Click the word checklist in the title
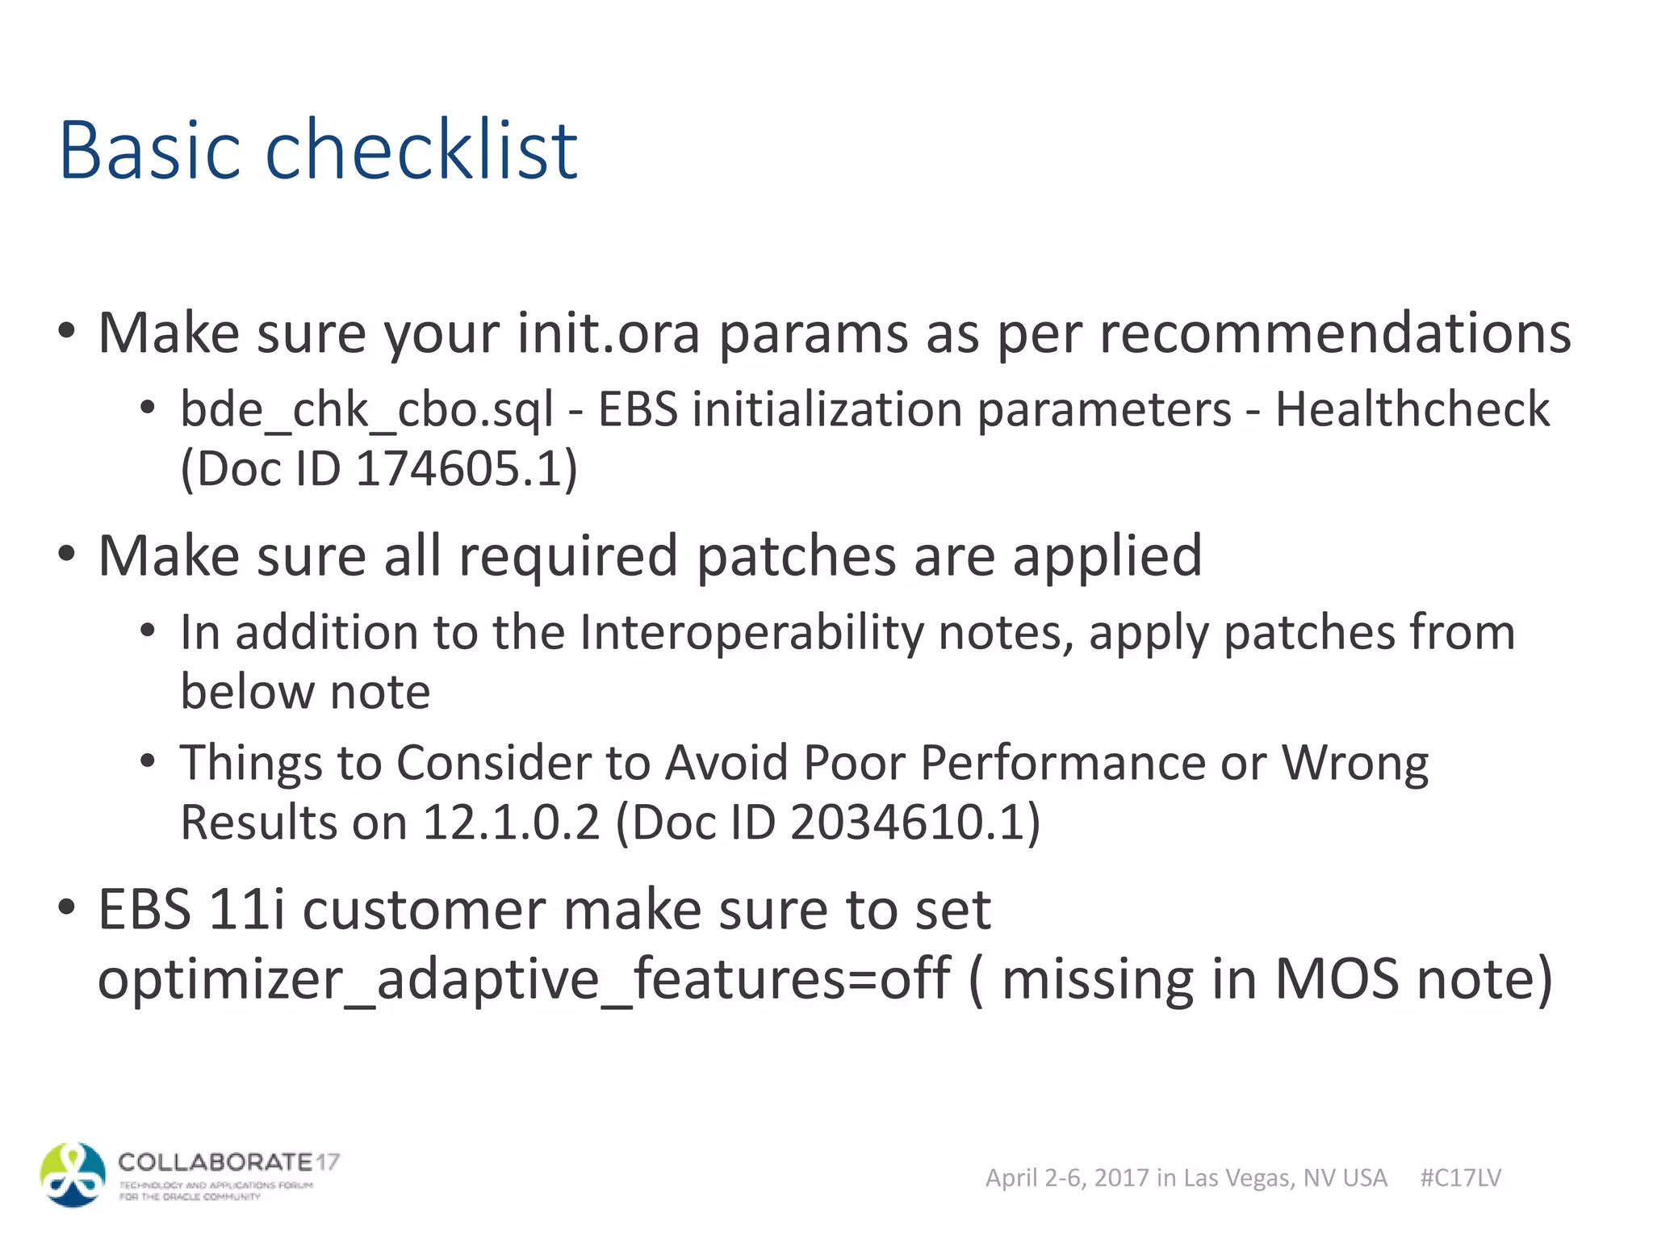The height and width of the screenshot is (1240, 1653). (x=421, y=151)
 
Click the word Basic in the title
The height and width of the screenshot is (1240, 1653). (x=150, y=151)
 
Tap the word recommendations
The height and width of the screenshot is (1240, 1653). (x=1335, y=333)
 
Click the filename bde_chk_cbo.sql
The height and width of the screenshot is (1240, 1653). (x=366, y=410)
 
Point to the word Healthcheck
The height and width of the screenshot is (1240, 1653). (x=1412, y=408)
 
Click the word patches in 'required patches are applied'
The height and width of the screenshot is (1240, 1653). (x=796, y=556)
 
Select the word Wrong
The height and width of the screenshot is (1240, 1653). (x=1355, y=763)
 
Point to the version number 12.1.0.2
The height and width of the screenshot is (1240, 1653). (x=511, y=823)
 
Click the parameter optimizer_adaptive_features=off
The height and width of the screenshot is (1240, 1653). (x=523, y=978)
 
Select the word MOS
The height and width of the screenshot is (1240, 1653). (x=1336, y=978)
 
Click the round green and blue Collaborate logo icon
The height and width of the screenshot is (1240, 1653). (x=73, y=1175)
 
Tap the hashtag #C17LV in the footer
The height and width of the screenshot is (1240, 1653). (x=1460, y=1178)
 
